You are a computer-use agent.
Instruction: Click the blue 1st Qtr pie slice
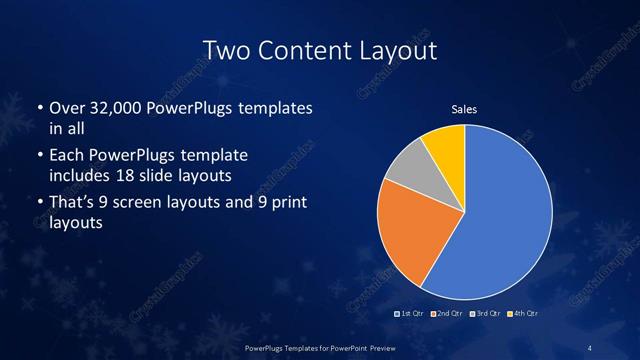(505, 215)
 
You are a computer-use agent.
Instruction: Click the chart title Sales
(464, 109)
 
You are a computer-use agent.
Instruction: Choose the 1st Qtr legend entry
(411, 315)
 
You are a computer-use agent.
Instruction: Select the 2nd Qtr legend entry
(447, 315)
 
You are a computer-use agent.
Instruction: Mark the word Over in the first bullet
(67, 108)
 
